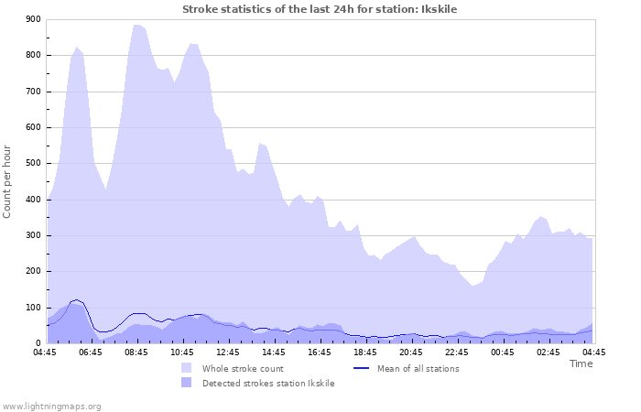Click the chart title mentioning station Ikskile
pos(320,9)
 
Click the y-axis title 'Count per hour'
pos(8,181)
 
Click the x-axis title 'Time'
pos(581,363)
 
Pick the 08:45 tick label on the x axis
pos(137,352)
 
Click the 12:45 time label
pos(229,352)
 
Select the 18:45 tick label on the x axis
pos(365,352)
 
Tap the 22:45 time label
pos(457,352)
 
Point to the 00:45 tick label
pos(503,352)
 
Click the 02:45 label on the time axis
pos(549,352)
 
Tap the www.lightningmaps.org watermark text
pos(51,406)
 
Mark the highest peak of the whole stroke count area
pos(136,25)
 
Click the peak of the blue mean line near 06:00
pos(77,299)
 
